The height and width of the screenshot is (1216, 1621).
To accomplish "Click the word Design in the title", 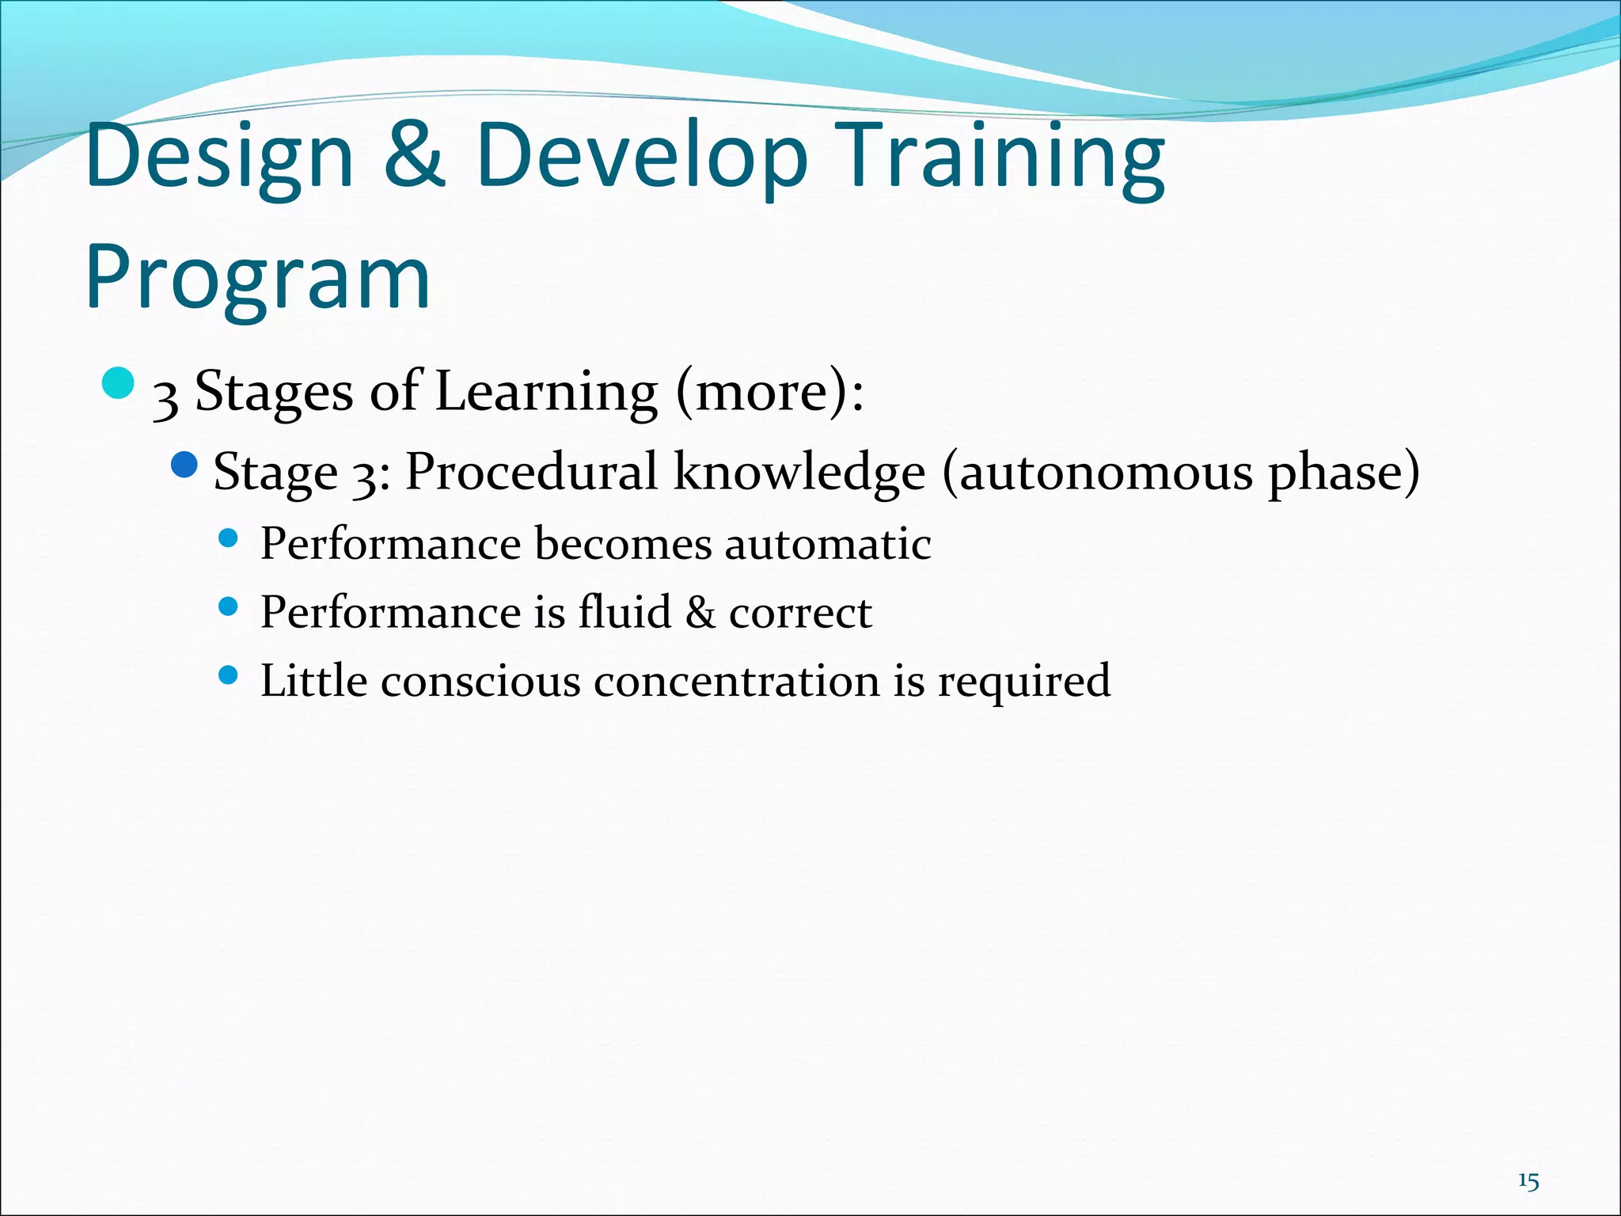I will (219, 156).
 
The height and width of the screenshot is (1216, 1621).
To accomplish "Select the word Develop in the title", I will (642, 156).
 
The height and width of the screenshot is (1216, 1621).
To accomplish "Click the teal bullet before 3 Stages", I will (119, 384).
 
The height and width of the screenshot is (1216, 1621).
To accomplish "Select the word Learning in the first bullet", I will (546, 391).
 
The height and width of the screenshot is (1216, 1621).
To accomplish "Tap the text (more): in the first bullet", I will (769, 391).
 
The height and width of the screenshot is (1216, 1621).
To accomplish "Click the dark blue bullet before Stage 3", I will (184, 465).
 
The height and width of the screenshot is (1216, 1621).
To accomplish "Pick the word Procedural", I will (531, 472).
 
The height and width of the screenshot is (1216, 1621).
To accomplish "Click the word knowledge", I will (799, 472).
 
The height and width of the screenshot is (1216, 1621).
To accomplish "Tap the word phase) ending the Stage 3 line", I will (1344, 472).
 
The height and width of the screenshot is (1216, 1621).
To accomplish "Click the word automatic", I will (827, 544).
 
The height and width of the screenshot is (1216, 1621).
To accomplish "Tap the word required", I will (1023, 681).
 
